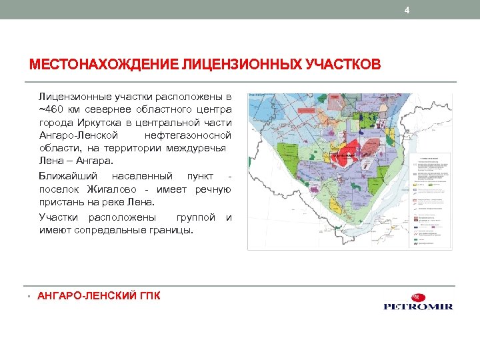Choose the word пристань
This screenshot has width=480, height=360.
[61, 202]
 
